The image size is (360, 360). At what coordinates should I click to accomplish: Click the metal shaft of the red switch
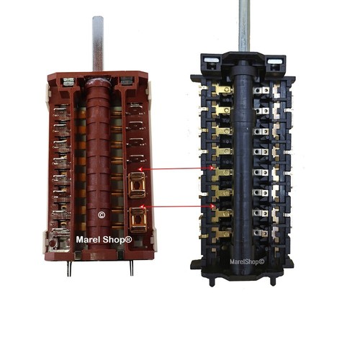[98, 44]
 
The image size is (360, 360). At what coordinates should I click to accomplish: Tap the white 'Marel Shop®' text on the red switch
[104, 240]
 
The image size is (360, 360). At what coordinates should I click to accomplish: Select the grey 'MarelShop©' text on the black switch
[247, 261]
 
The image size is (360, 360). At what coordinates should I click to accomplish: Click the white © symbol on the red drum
[102, 215]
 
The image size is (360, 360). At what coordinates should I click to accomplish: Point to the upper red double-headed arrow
[176, 168]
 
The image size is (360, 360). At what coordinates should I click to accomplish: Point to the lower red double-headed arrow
[177, 206]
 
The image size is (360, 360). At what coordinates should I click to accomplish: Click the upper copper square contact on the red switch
[137, 185]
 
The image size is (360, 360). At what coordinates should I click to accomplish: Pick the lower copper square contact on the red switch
[138, 220]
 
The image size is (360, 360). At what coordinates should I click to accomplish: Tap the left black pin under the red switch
[69, 269]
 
